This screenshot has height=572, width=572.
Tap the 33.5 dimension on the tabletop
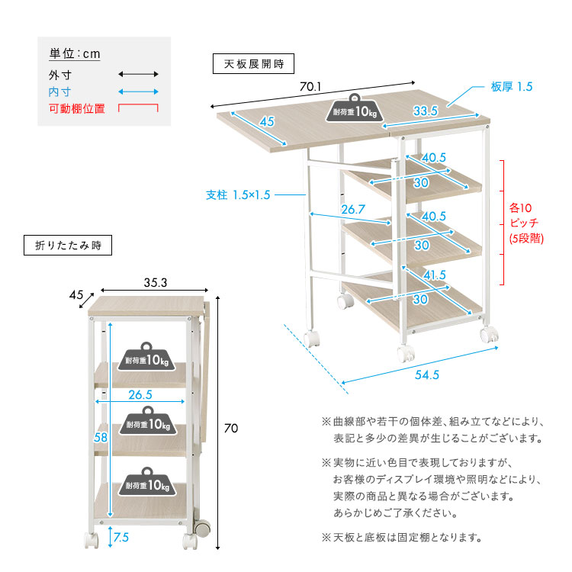(x=424, y=111)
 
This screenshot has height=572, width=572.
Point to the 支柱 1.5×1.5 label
(x=239, y=194)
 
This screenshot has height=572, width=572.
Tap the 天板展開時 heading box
(x=252, y=63)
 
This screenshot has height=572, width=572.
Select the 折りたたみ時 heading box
(x=68, y=245)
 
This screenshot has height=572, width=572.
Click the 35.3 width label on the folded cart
(x=155, y=281)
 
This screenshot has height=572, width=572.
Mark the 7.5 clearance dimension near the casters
(x=121, y=538)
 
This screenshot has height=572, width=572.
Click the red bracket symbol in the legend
(x=138, y=108)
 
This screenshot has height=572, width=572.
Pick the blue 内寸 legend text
(x=59, y=92)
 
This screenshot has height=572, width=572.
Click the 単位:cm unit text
(x=75, y=54)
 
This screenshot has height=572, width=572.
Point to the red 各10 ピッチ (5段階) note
(x=525, y=222)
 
